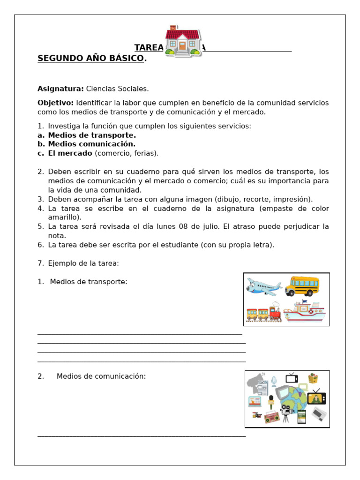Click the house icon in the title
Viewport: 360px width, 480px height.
click(x=183, y=41)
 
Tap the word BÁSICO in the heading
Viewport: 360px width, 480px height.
click(x=126, y=59)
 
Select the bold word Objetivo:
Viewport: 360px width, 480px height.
click(x=56, y=103)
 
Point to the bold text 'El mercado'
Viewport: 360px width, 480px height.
click(x=70, y=153)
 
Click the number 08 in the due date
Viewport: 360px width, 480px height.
click(x=183, y=226)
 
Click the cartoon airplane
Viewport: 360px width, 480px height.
click(x=262, y=286)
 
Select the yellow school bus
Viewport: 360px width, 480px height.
click(x=302, y=285)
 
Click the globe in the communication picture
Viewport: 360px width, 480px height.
click(x=294, y=400)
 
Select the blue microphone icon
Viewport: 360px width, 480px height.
click(x=274, y=381)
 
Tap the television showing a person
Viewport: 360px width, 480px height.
click(x=316, y=398)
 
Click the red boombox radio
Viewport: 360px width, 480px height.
click(x=271, y=417)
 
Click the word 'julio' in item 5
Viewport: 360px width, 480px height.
click(x=209, y=226)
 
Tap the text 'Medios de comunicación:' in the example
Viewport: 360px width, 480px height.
click(x=101, y=376)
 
